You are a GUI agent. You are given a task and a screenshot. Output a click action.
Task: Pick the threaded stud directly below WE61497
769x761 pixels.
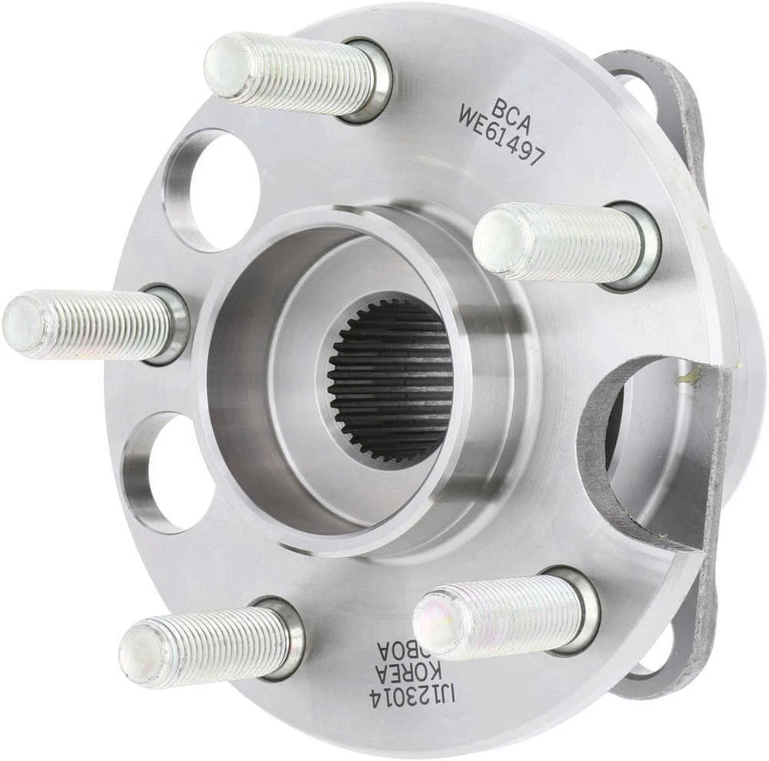pos(561,242)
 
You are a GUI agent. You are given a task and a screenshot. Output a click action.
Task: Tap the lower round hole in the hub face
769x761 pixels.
pos(171,473)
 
